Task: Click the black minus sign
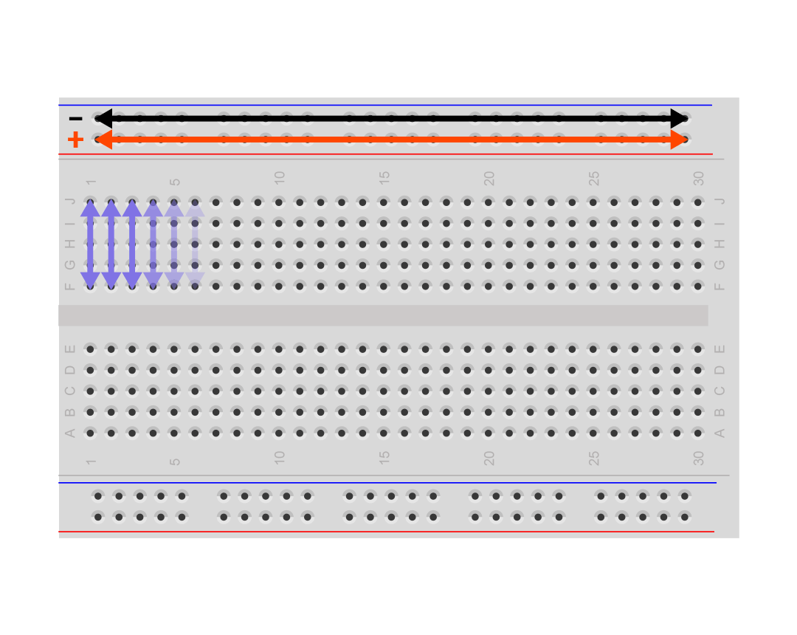tap(76, 119)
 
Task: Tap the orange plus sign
tap(76, 140)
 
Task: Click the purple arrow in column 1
tap(91, 244)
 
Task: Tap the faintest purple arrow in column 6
tap(195, 244)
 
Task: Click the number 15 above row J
tap(384, 178)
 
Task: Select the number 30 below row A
tap(698, 458)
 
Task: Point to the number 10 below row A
tap(280, 458)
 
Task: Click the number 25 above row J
tap(593, 179)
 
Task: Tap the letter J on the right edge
tap(720, 202)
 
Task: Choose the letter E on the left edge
tap(70, 349)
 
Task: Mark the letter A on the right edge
tap(720, 433)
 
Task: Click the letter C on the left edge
tap(70, 391)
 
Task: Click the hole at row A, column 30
tap(698, 433)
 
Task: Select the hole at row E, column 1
tap(91, 349)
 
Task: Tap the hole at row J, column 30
tap(698, 202)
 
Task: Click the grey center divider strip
tap(383, 315)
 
